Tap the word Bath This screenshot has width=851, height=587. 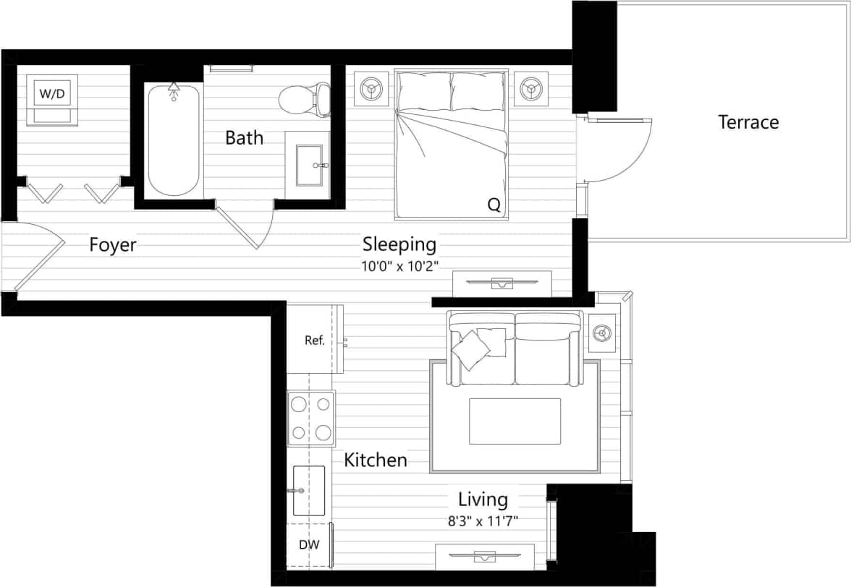click(x=244, y=137)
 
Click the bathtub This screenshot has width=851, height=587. click(x=174, y=141)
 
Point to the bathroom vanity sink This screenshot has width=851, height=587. click(x=310, y=163)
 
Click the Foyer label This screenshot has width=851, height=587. click(x=113, y=245)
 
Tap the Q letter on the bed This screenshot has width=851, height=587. click(x=494, y=205)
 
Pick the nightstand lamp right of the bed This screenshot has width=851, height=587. click(x=532, y=89)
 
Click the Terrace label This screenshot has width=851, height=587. click(x=748, y=122)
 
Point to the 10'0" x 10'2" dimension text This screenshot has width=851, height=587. click(x=400, y=265)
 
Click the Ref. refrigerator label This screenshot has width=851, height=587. click(x=314, y=340)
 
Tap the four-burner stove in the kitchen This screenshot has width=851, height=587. click(x=311, y=419)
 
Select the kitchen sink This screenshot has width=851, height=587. click(x=309, y=490)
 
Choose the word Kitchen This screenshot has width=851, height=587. click(x=375, y=460)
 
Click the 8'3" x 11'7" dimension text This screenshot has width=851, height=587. click(x=483, y=520)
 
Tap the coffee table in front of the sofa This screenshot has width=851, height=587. click(x=515, y=421)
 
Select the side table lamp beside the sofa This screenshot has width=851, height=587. click(x=602, y=333)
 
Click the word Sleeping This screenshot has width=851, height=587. click(x=399, y=244)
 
